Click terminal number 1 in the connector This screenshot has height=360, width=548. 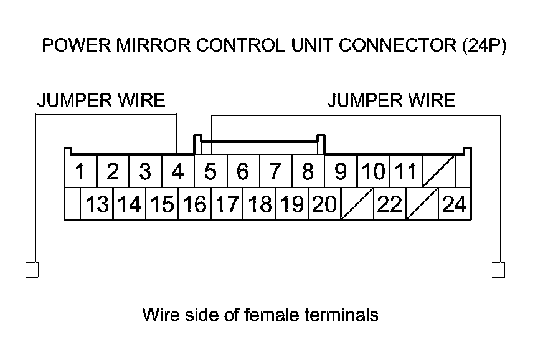click(80, 171)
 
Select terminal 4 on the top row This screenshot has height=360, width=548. click(177, 171)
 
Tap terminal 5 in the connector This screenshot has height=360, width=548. click(210, 171)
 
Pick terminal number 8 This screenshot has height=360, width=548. click(308, 171)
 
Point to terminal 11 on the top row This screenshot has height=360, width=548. click(406, 171)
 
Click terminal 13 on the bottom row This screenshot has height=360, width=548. click(97, 204)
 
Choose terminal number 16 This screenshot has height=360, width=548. click(195, 204)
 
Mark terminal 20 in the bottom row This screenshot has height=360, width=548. click(324, 204)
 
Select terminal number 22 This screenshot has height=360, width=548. click(390, 204)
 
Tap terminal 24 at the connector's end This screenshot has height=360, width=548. click(455, 204)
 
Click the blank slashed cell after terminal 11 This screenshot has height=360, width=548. click(438, 171)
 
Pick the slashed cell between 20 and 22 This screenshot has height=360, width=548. click(357, 204)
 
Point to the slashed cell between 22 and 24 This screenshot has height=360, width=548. click(422, 204)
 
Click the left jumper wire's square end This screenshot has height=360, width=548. click(32, 270)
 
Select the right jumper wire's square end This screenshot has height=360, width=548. click(499, 270)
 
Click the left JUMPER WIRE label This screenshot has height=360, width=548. click(101, 100)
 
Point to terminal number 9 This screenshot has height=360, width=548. click(341, 171)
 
